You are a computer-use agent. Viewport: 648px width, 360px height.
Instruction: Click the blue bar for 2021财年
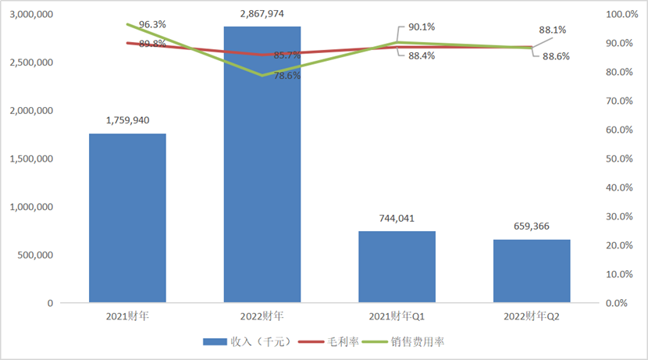(x=127, y=218)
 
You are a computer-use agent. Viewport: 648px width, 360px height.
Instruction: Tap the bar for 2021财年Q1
(x=397, y=266)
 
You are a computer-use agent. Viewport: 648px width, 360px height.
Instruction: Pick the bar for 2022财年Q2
(x=532, y=270)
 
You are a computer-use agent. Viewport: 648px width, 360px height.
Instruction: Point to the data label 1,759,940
(x=127, y=120)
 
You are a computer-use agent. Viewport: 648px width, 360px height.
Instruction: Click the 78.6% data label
(x=288, y=76)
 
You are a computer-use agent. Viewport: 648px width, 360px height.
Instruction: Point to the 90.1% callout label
(x=421, y=27)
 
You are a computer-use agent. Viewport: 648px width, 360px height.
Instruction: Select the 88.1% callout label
(x=553, y=30)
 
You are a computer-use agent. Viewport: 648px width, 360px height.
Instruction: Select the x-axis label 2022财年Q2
(x=532, y=316)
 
